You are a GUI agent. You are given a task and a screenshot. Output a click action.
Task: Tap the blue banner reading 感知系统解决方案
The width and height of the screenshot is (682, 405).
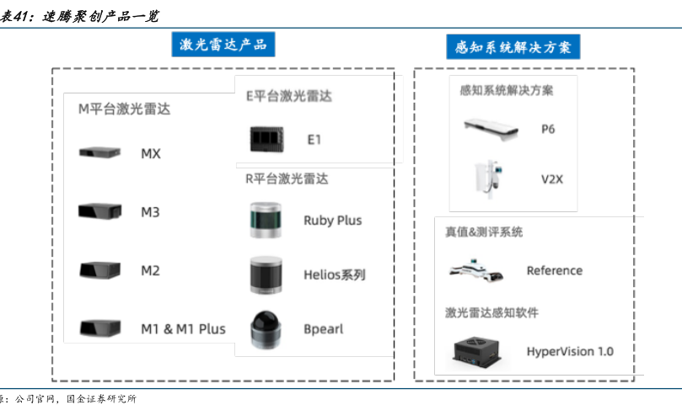(513, 47)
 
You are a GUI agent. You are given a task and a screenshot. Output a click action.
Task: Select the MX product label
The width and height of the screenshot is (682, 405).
(151, 153)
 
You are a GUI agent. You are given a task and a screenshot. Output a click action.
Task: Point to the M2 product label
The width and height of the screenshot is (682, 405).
(150, 270)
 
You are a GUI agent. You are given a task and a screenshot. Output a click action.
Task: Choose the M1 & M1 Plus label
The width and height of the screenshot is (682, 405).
(183, 328)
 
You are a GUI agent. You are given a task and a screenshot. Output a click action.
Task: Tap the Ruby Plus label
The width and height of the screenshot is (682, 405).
(332, 220)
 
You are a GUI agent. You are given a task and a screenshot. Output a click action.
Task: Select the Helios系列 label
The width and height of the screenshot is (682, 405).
(335, 274)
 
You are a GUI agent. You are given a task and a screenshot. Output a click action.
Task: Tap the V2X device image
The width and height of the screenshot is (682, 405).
(488, 178)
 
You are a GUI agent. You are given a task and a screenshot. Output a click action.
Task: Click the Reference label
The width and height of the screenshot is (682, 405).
(554, 270)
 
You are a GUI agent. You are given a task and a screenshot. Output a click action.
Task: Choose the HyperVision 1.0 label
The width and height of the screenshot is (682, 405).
(570, 351)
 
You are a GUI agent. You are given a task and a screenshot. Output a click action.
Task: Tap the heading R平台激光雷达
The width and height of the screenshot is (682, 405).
(287, 179)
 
